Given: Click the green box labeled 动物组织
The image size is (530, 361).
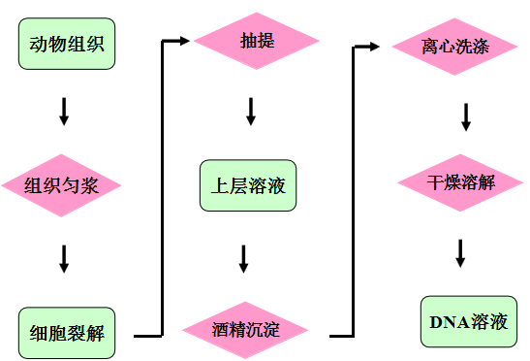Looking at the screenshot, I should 66,44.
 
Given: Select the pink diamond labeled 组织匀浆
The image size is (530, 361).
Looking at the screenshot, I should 61,183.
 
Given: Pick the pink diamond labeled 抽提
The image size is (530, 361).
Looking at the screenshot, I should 256,41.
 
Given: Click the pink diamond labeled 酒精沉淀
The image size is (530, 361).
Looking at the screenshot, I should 246,329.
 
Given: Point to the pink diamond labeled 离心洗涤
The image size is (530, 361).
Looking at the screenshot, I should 455,46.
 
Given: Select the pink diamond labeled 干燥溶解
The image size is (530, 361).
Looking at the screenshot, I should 461,181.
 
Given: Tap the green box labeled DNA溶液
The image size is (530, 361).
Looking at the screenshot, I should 468,321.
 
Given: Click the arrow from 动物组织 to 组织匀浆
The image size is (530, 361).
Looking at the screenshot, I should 64,111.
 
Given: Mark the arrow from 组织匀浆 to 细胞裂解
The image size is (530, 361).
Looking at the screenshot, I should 64,258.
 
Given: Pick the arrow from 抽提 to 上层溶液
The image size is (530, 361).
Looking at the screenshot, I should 250,111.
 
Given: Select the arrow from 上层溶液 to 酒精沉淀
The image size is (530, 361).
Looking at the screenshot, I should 244,259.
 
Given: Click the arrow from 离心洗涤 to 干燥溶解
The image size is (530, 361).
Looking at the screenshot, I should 466,115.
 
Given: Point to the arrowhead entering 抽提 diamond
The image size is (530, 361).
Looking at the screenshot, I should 185,41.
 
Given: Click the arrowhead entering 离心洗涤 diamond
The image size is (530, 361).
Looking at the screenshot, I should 382,45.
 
